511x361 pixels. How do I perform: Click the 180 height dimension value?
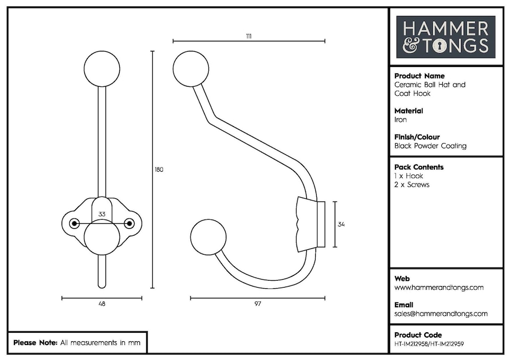click(x=159, y=170)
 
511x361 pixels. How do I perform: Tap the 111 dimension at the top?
click(x=249, y=36)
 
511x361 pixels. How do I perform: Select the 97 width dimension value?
click(x=258, y=304)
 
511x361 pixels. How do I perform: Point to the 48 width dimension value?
click(x=102, y=304)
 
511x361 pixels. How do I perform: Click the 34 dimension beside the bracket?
click(x=341, y=224)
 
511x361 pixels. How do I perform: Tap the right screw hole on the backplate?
click(x=128, y=223)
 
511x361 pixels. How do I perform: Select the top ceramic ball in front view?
click(x=102, y=69)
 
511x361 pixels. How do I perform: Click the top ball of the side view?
click(x=191, y=69)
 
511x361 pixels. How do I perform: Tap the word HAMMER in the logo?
click(x=445, y=28)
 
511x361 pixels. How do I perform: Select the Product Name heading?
click(x=419, y=76)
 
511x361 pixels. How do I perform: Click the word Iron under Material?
click(x=400, y=120)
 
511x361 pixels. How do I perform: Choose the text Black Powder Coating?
click(x=430, y=146)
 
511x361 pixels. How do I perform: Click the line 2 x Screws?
click(x=411, y=184)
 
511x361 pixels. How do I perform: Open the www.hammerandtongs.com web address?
click(x=439, y=288)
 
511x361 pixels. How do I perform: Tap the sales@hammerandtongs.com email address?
click(x=441, y=314)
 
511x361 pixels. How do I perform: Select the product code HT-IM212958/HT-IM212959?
click(x=429, y=344)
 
